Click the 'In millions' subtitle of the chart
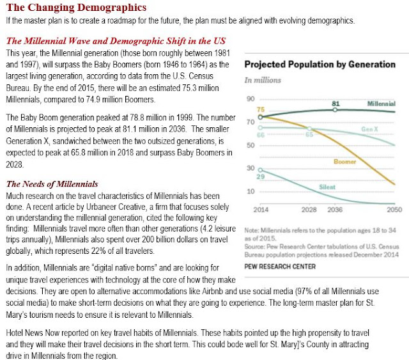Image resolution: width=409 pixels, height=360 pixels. tap(263, 80)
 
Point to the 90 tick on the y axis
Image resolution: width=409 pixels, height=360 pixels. tap(251, 98)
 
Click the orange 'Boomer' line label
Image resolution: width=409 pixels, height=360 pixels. tap(344, 161)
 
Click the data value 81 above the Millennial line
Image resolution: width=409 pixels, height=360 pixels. tap(336, 102)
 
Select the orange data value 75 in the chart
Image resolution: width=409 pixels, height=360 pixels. tap(261, 110)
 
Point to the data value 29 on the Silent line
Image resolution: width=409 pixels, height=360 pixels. tap(261, 175)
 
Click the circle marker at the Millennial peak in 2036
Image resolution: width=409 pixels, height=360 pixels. tap(336, 110)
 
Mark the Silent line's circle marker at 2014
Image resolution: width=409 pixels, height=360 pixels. tap(261, 169)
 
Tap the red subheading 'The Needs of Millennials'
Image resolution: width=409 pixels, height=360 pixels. tap(52, 184)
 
